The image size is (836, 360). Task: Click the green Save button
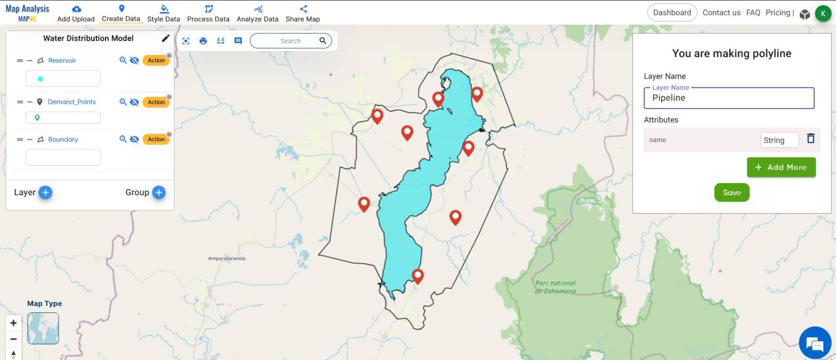(731, 193)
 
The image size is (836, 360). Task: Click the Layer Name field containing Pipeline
(729, 98)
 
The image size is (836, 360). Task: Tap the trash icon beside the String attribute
(810, 138)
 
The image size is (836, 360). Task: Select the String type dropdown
(779, 140)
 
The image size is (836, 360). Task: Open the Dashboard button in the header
(672, 13)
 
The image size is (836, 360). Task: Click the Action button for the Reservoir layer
(156, 61)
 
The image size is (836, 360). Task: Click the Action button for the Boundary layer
(156, 140)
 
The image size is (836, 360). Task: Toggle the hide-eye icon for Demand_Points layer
(134, 102)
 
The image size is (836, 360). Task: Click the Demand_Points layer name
(72, 102)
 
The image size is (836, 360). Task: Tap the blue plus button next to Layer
(45, 192)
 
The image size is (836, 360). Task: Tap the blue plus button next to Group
(159, 192)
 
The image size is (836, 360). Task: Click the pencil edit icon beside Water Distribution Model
(166, 38)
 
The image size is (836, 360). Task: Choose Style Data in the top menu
(164, 14)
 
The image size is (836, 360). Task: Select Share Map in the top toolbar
(303, 14)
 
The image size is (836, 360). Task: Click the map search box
(291, 41)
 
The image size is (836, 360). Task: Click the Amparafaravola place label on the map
(226, 259)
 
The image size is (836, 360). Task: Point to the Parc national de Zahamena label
(555, 287)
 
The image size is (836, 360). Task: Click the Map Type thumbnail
(43, 328)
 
